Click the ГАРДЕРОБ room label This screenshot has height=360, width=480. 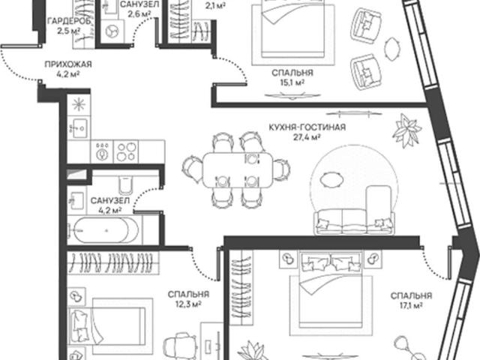tap(69, 21)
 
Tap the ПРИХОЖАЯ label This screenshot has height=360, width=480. tap(68, 64)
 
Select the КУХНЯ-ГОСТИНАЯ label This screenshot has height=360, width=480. tap(307, 127)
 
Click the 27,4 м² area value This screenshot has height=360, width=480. tap(307, 137)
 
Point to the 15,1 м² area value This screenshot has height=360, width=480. tap(292, 82)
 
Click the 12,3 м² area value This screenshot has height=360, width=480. tap(188, 304)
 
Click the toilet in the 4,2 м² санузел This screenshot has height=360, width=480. tap(126, 184)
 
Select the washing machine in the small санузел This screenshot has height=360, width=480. tap(112, 31)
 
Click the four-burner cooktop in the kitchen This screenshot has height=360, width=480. tap(127, 151)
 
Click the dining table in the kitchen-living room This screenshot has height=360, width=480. tap(238, 170)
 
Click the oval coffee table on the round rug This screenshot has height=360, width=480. tap(331, 178)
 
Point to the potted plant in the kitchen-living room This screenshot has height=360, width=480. tap(407, 130)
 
